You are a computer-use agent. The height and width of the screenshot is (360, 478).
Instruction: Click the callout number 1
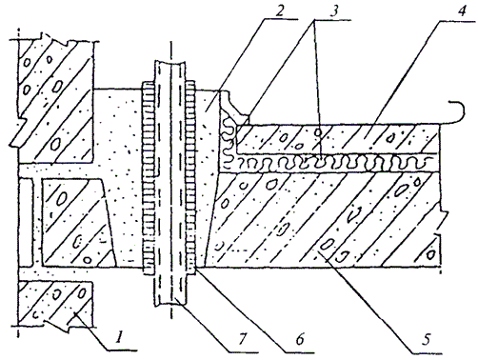click(x=118, y=337)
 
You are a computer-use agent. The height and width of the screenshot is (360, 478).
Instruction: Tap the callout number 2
click(x=279, y=10)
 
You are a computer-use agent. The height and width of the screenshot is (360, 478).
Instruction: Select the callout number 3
click(x=333, y=10)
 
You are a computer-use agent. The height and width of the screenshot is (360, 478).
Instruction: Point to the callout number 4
click(x=461, y=10)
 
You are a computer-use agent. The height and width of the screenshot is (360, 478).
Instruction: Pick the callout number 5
click(x=427, y=339)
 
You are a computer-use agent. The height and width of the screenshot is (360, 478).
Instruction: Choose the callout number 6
click(x=299, y=339)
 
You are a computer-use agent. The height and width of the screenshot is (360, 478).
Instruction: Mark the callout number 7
click(x=242, y=339)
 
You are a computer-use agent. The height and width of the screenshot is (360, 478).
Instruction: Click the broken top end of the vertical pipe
click(x=170, y=62)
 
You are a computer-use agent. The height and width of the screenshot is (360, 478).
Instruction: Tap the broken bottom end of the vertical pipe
click(x=170, y=305)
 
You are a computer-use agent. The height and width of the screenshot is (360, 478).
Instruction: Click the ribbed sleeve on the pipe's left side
click(x=149, y=177)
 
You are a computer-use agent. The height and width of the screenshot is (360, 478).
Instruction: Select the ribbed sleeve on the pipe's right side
click(x=190, y=177)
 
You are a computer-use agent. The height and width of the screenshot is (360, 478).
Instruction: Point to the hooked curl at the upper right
click(x=456, y=112)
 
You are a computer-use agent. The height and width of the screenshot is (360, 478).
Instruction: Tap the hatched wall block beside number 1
click(x=55, y=303)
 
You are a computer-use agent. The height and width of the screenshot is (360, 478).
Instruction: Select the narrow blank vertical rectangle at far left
click(x=26, y=222)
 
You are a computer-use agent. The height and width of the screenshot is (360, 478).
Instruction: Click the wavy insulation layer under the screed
click(x=330, y=163)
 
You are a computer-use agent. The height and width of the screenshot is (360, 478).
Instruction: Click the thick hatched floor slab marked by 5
click(x=324, y=219)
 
